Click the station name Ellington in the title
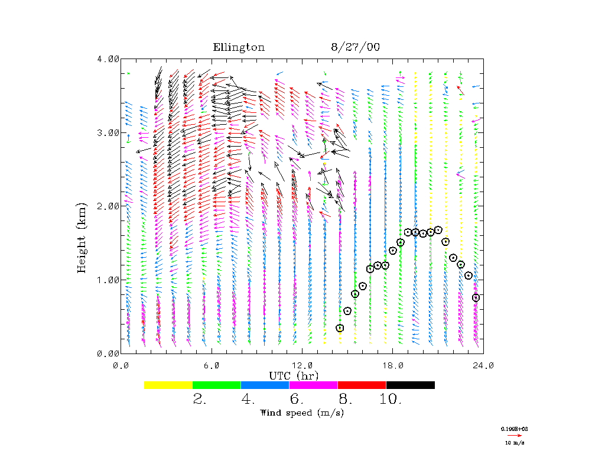click(239, 47)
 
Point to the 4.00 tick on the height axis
click(108, 59)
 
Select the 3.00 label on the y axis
click(108, 132)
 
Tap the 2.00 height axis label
click(108, 206)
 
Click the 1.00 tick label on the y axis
click(108, 280)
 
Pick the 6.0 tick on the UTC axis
click(212, 365)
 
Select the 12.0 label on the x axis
click(302, 365)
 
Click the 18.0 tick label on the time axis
click(393, 365)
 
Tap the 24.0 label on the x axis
click(483, 365)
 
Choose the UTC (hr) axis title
click(294, 375)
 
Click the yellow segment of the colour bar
click(168, 385)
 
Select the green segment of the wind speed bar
click(217, 385)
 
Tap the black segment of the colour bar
click(410, 385)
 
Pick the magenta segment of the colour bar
click(313, 385)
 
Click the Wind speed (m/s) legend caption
click(301, 413)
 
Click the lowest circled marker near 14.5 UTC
click(340, 328)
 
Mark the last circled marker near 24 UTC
click(476, 298)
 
